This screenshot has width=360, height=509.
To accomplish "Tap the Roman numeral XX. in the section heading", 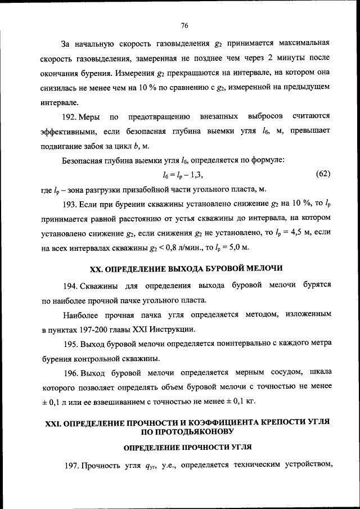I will (x=83, y=267).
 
